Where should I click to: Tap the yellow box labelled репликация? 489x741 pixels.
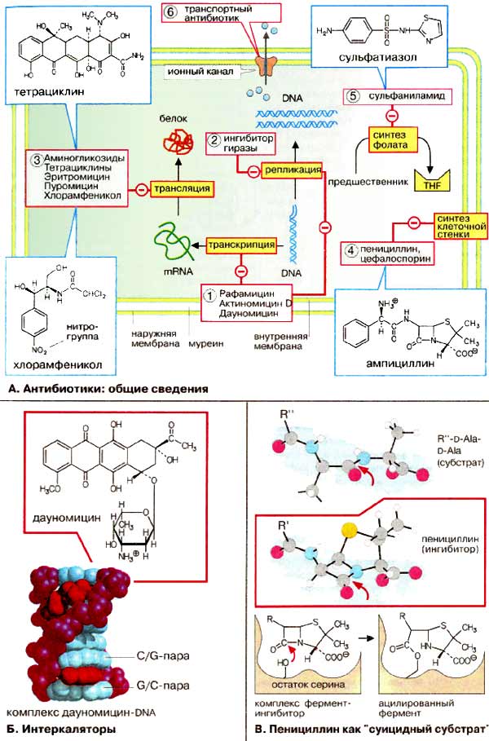click(292, 170)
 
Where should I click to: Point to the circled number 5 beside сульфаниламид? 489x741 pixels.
click(353, 95)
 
